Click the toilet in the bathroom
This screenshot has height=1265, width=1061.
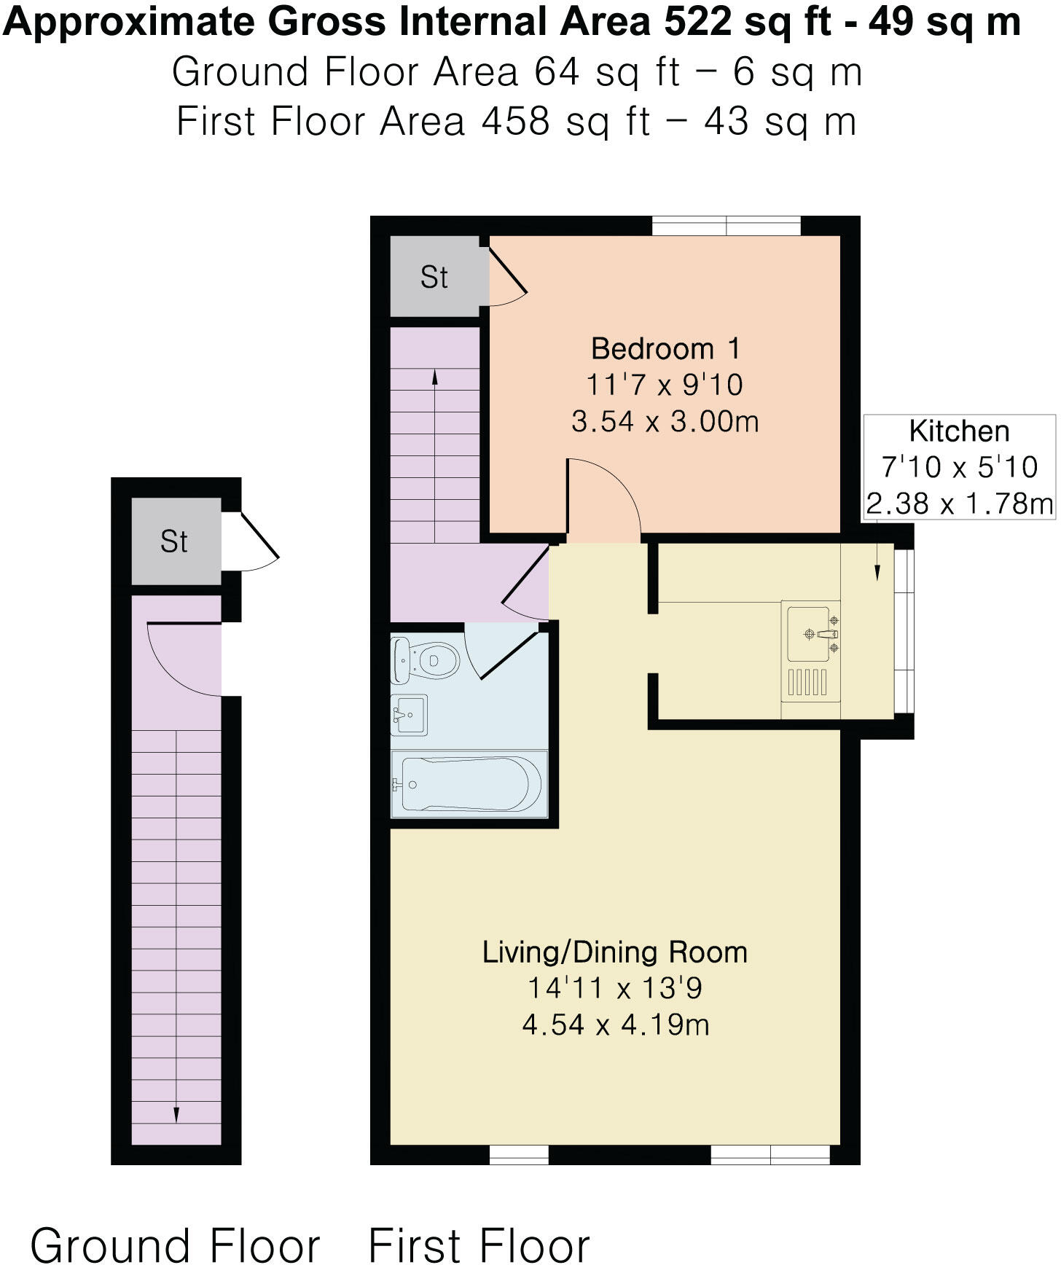click(426, 660)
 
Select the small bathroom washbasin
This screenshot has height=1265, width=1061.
click(410, 715)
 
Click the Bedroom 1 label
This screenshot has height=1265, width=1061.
click(665, 348)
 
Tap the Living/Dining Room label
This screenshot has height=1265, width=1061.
click(614, 952)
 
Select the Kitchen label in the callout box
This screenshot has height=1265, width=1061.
click(959, 431)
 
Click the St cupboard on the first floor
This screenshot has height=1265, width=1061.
click(434, 277)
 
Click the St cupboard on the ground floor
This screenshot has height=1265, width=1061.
click(175, 541)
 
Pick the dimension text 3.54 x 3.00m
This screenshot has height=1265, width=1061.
click(665, 421)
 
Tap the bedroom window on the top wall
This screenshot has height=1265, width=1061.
click(726, 226)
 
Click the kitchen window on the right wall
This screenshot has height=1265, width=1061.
click(904, 631)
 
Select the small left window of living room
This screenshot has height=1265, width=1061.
click(518, 1154)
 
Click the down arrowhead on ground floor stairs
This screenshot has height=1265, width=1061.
click(176, 1115)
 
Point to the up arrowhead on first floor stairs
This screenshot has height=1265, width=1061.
click(435, 377)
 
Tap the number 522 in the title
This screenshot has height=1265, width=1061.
click(697, 22)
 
